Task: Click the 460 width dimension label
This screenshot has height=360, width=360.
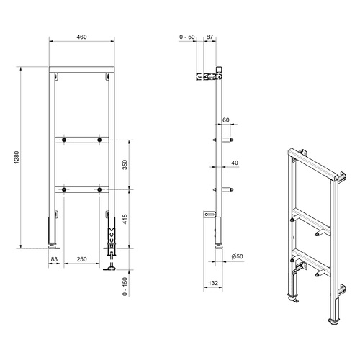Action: (x=81, y=37)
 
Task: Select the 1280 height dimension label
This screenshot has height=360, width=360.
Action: (x=17, y=158)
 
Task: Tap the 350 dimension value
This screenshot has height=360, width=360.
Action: (x=125, y=165)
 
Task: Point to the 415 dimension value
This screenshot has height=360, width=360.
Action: (x=125, y=219)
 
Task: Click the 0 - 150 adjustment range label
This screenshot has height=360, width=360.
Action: (x=125, y=287)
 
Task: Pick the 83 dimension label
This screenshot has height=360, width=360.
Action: (x=54, y=259)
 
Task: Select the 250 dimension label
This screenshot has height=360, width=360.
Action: (x=81, y=259)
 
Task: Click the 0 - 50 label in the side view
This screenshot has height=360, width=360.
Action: (x=187, y=37)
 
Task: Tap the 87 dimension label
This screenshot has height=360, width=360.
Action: (x=210, y=37)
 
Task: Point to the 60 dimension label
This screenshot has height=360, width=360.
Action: (x=226, y=120)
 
